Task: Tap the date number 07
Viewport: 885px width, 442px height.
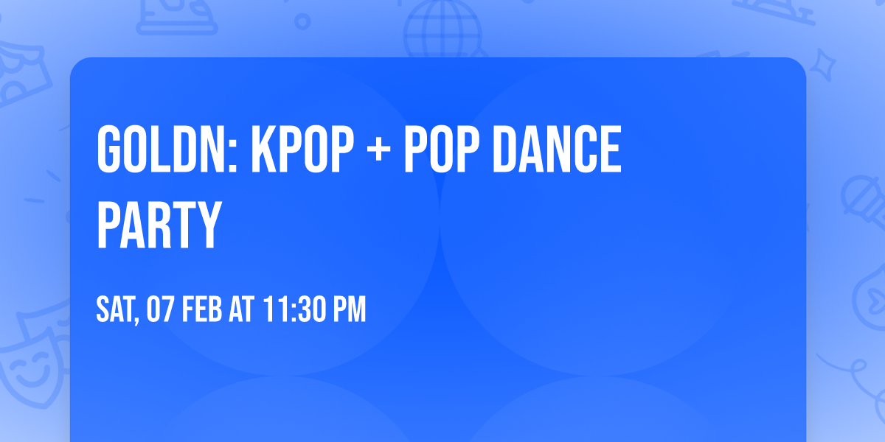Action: click(x=160, y=310)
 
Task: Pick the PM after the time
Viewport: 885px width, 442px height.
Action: click(x=350, y=310)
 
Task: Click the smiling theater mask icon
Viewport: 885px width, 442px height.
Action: click(x=29, y=368)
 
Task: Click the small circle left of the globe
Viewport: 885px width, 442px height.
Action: click(x=302, y=21)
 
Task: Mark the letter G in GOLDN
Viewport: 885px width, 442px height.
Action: click(x=111, y=151)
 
